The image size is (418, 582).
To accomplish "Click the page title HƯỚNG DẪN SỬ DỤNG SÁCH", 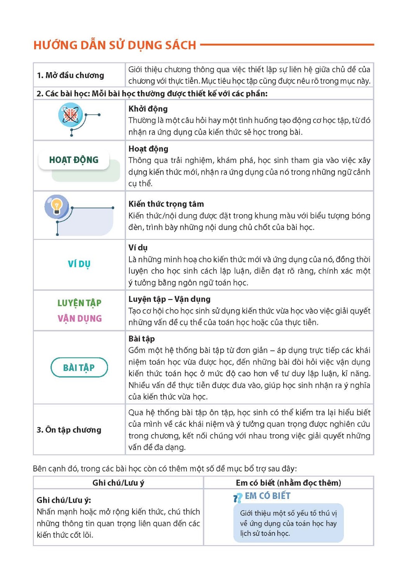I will pyautogui.click(x=115, y=45).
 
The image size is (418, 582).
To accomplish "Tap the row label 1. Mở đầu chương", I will pyautogui.click(x=70, y=75).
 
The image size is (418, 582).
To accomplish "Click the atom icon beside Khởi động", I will pyautogui.click(x=70, y=115).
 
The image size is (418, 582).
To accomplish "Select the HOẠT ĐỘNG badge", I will pyautogui.click(x=74, y=160).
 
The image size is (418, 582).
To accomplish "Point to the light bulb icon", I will pyautogui.click(x=57, y=206).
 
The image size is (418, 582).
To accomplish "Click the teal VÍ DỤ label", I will pyautogui.click(x=79, y=264).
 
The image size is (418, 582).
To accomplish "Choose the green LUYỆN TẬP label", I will pyautogui.click(x=79, y=303).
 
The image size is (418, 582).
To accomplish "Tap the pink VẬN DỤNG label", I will pyautogui.click(x=80, y=319).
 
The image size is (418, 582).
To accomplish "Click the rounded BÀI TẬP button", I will pyautogui.click(x=79, y=367).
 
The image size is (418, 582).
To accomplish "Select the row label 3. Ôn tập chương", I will pyautogui.click(x=69, y=430).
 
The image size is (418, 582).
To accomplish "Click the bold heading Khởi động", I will pyautogui.click(x=148, y=109).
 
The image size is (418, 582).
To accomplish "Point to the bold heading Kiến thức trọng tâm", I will pyautogui.click(x=166, y=204).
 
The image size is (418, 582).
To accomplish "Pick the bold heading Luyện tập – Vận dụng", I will pyautogui.click(x=169, y=299).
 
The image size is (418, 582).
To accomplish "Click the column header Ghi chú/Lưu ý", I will pyautogui.click(x=118, y=483).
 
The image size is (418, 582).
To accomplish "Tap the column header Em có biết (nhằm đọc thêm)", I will pyautogui.click(x=288, y=483).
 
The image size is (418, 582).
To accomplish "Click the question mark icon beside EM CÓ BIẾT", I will pyautogui.click(x=237, y=498).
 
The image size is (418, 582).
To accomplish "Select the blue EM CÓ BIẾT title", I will pyautogui.click(x=268, y=496).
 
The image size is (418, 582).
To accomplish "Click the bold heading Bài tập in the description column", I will pyautogui.click(x=141, y=339).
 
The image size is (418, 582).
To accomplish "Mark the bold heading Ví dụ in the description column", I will pyautogui.click(x=138, y=248).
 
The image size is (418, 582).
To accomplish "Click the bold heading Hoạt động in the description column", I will pyautogui.click(x=148, y=149).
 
